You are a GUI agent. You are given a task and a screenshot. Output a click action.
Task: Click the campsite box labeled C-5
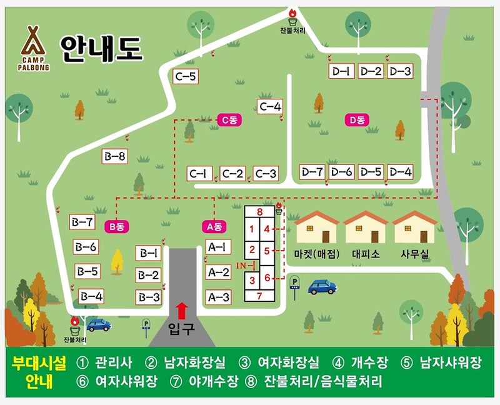[x=186, y=77]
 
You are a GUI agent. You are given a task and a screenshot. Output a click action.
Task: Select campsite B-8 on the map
[x=114, y=157]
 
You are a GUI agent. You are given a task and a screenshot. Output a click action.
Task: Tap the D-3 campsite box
[x=400, y=71]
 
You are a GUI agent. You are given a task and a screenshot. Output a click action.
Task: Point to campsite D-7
[x=312, y=172]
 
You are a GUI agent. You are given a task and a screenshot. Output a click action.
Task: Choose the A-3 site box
[x=218, y=297]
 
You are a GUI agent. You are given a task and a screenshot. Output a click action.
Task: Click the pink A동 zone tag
[x=214, y=226]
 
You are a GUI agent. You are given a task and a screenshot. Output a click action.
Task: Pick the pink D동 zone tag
[x=357, y=120]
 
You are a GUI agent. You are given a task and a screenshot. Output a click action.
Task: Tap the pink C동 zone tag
[x=229, y=120]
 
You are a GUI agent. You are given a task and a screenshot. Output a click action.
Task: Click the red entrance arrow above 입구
[x=182, y=310]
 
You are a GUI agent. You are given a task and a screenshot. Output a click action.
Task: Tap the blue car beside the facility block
[x=322, y=287]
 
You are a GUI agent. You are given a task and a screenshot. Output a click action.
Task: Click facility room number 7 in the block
[x=259, y=296]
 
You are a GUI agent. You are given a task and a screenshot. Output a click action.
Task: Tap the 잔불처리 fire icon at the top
[x=292, y=14]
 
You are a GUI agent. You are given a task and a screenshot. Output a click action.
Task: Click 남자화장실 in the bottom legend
[x=193, y=362]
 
